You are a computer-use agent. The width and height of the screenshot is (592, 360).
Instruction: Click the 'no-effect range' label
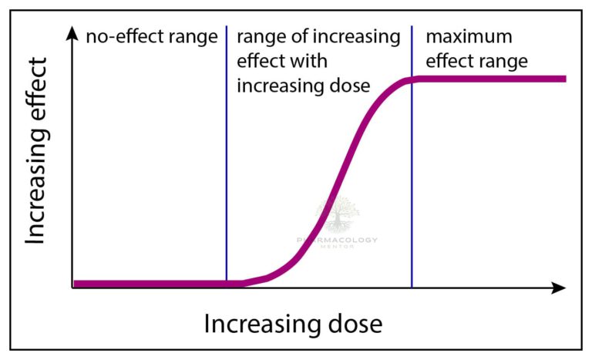point(152,36)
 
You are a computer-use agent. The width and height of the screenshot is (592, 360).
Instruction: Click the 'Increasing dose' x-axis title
point(293,324)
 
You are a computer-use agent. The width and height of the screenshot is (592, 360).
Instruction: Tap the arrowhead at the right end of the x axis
point(560,288)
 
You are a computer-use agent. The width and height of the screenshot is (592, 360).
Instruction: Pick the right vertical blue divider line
point(412,193)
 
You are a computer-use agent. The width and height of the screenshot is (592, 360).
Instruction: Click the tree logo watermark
point(337,215)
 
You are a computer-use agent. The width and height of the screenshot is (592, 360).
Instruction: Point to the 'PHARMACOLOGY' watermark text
point(338,241)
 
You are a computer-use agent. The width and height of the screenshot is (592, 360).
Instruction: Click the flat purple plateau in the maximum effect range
point(493,79)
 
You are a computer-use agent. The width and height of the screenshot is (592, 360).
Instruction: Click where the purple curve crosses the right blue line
point(412,79)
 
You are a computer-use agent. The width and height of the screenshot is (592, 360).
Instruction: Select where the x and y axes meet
point(73,288)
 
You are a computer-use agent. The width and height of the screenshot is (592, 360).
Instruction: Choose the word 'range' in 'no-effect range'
point(196,37)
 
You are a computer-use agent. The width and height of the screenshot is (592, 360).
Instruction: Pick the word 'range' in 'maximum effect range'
point(504,60)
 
